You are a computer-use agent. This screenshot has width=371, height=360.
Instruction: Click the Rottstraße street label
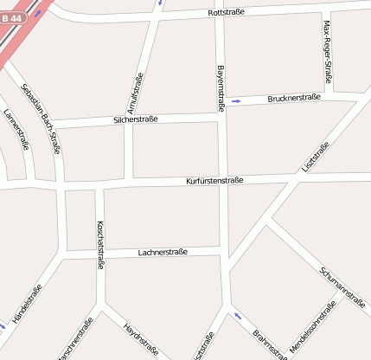coord(227,13)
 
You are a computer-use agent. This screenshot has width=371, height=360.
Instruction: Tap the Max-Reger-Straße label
coord(328,52)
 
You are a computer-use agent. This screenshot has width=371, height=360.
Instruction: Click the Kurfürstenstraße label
coord(214,181)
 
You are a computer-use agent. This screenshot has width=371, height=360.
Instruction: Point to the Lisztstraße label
coord(315,157)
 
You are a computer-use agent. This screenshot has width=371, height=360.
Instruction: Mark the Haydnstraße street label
coord(141,339)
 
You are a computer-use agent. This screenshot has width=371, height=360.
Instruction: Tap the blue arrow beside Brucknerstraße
coord(236,102)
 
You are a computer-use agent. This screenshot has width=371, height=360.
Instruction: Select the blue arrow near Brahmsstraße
coord(237,316)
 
